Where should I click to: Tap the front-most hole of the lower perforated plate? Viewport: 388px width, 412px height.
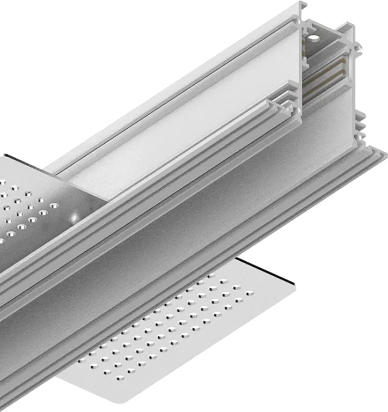[95, 366]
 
